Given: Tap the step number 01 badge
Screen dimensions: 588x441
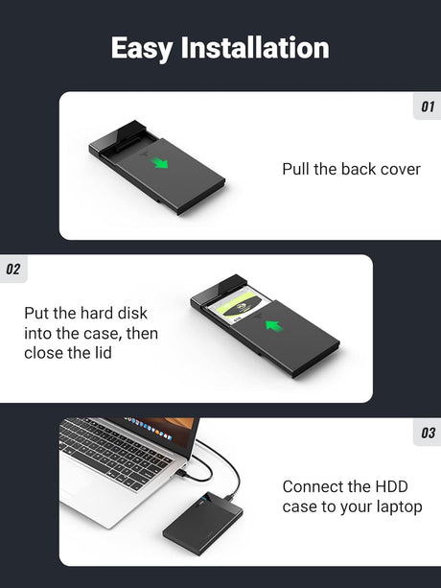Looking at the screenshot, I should coord(428,106).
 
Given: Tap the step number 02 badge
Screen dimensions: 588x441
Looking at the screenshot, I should coord(12,270).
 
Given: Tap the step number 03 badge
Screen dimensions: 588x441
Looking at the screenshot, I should coord(428,434).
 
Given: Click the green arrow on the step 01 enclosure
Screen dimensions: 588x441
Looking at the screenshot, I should coord(161,163).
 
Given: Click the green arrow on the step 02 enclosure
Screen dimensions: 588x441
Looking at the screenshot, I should coord(274,326).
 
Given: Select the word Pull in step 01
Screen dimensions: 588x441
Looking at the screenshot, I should coord(297,169).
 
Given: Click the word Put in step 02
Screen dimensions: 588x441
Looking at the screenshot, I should coord(37,314).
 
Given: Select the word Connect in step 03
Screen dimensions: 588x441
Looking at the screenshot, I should coord(313,486).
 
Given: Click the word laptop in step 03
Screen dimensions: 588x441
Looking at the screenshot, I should coord(398,506).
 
